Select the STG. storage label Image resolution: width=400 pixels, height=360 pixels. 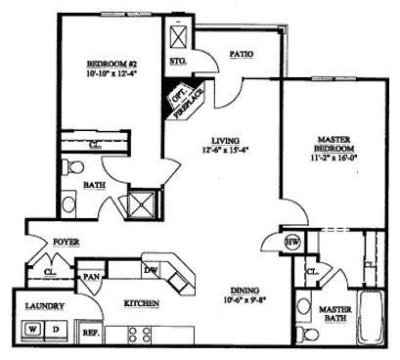[178, 62]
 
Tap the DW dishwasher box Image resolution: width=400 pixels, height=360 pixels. [152, 270]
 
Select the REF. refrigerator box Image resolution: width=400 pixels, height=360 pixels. [91, 332]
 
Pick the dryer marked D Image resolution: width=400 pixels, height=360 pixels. [55, 328]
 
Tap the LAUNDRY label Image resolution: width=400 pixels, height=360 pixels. [44, 305]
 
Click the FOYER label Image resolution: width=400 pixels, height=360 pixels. [66, 241]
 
